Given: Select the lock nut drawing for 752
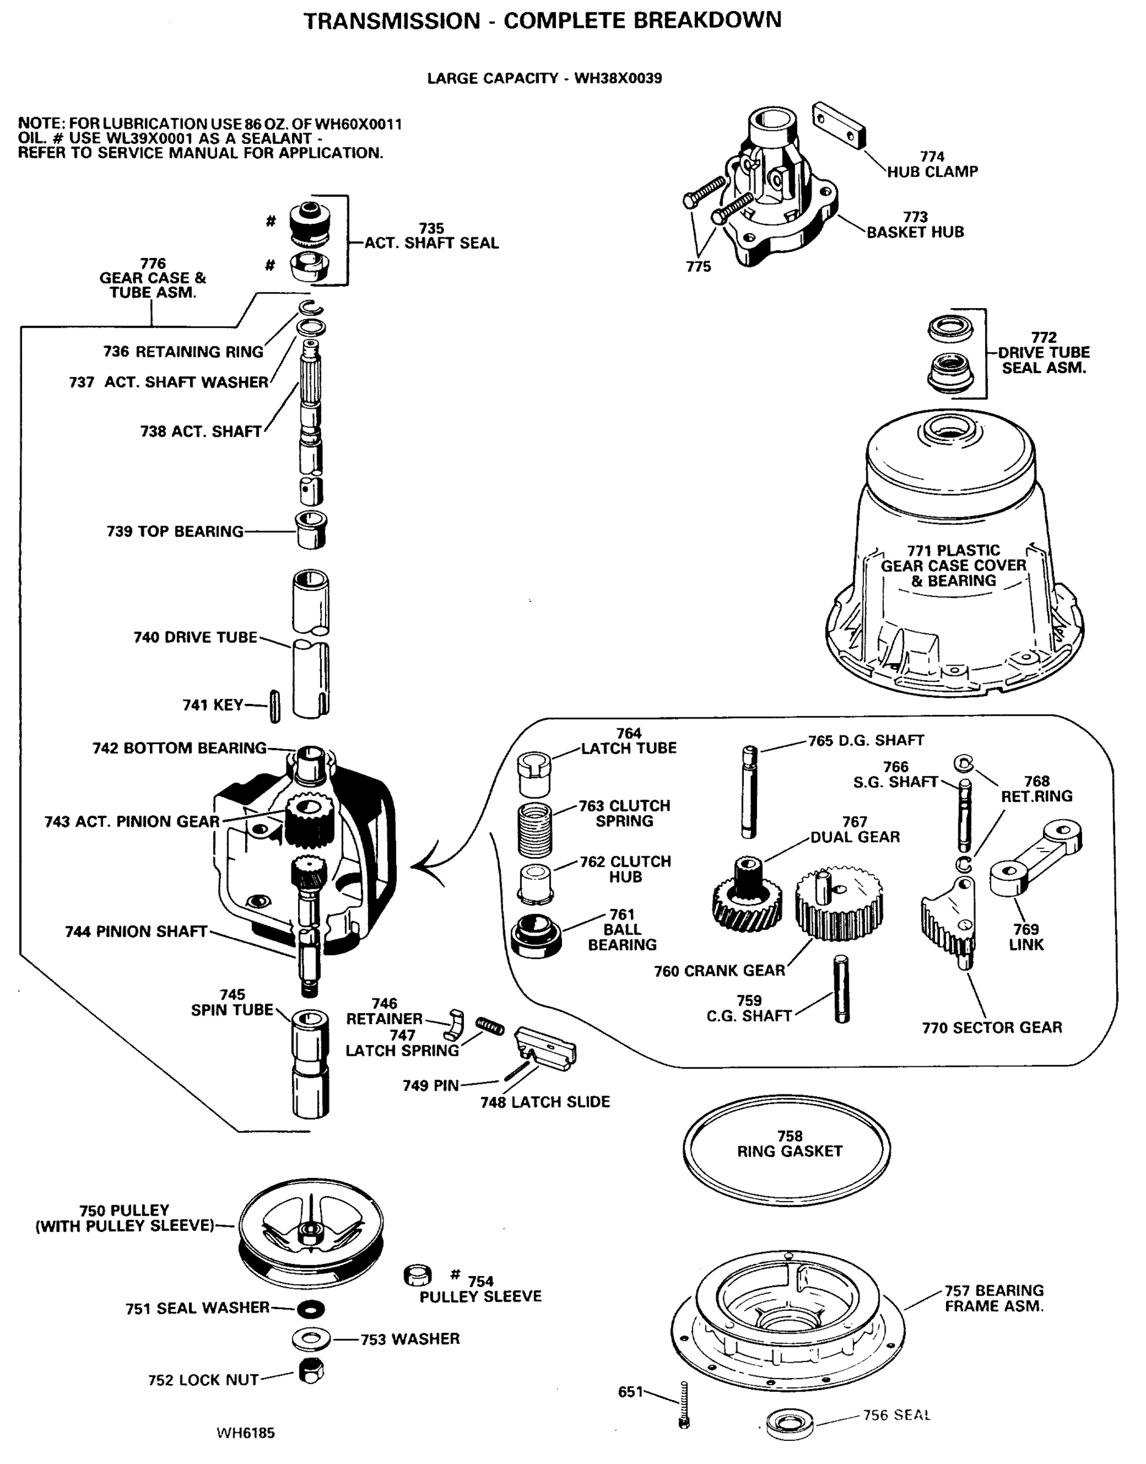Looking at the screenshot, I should [x=311, y=1371].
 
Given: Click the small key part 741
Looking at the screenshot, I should [x=274, y=706].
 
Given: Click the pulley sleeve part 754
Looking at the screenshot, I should [x=418, y=1274].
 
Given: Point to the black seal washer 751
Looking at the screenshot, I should [x=311, y=1309].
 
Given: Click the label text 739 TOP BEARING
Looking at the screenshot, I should [x=175, y=532].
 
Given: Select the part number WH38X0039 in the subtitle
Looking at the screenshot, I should [x=618, y=79].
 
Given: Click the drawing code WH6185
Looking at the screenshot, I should [x=246, y=1433].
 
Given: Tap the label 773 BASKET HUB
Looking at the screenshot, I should [x=914, y=225].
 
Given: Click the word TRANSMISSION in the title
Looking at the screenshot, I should [x=392, y=21].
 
